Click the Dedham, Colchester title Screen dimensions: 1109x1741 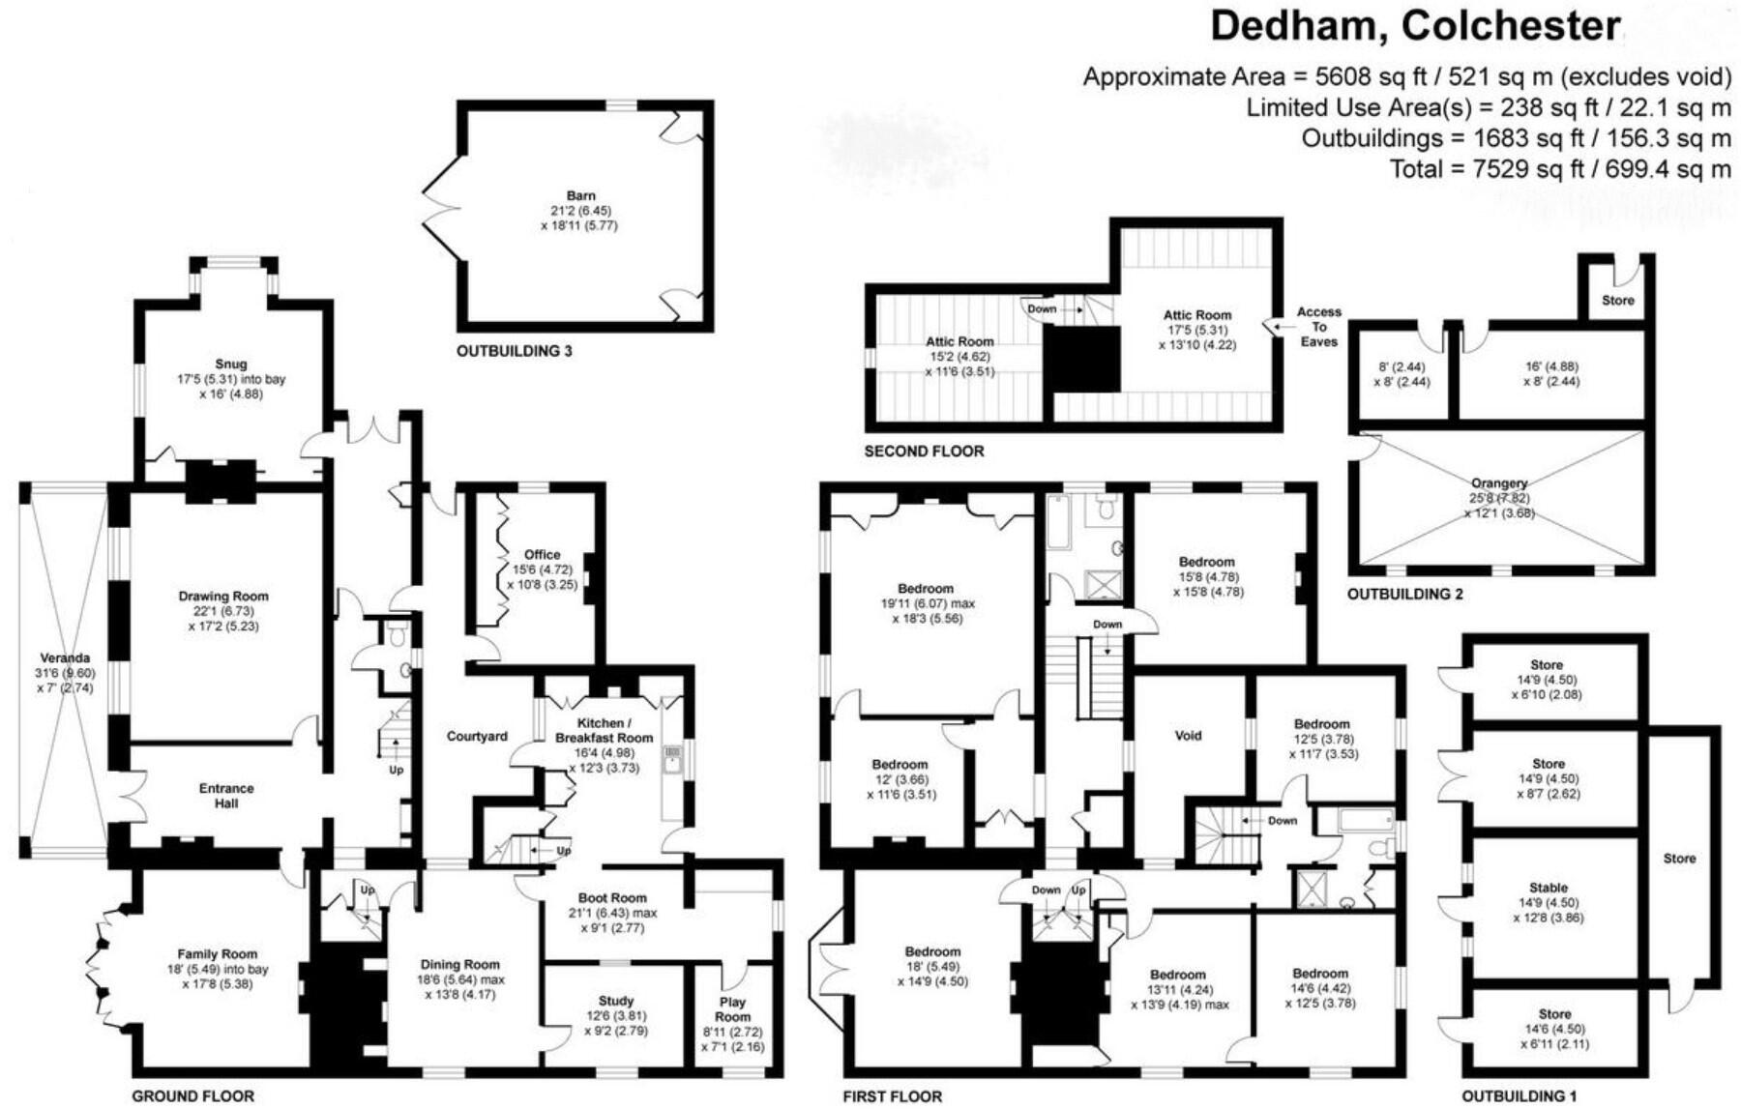[x=1415, y=26]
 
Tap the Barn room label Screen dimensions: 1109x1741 [x=580, y=196]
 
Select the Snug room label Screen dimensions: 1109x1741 [x=231, y=365]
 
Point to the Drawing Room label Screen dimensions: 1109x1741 [x=223, y=597]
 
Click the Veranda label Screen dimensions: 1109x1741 [x=65, y=658]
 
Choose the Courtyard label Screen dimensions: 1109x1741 [x=477, y=737]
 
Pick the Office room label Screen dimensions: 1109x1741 [x=542, y=555]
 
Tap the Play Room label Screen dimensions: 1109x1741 [x=732, y=1009]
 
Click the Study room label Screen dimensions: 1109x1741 [x=616, y=1002]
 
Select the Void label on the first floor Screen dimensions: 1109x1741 [x=1188, y=736]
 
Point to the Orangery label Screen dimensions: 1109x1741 [x=1499, y=483]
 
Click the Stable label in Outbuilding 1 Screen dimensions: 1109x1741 [x=1549, y=888]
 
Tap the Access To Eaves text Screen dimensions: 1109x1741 [x=1319, y=327]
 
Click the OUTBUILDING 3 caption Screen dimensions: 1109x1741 [x=515, y=351]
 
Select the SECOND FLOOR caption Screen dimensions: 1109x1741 [x=924, y=451]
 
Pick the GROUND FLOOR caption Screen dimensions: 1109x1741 [x=192, y=1096]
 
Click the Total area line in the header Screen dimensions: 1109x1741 [x=1559, y=169]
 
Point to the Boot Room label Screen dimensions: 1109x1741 [x=612, y=898]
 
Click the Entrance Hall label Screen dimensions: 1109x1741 [x=226, y=796]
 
